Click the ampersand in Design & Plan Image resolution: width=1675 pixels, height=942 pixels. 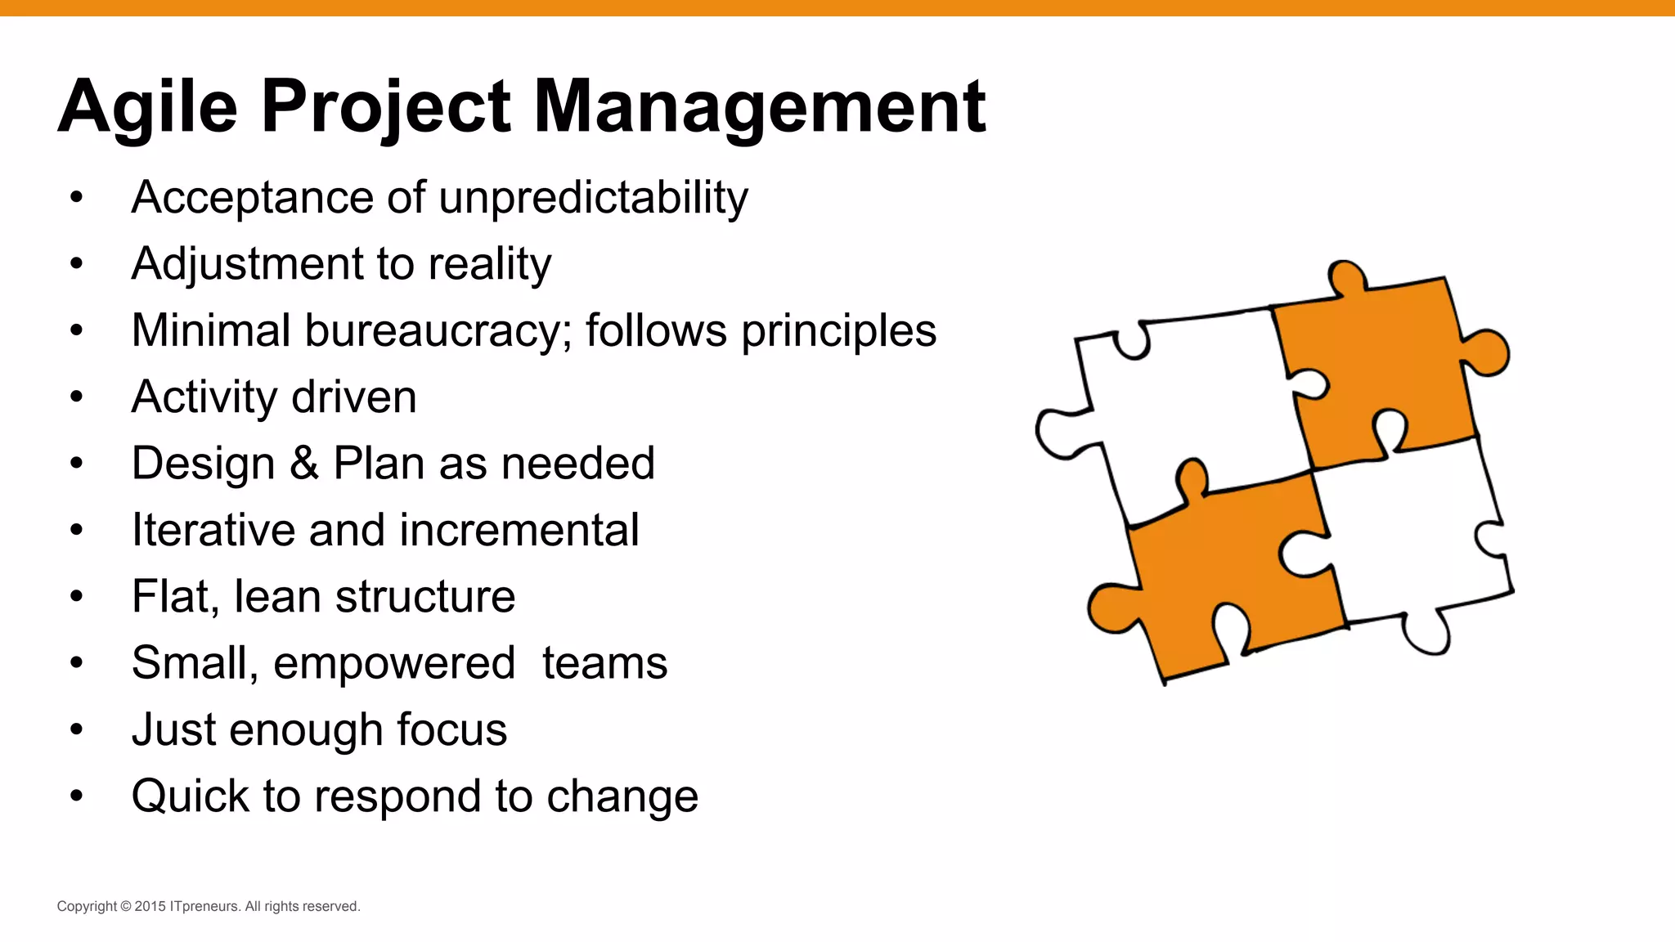click(304, 463)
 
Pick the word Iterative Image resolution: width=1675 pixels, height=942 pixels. click(213, 530)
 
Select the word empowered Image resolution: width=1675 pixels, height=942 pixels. click(393, 663)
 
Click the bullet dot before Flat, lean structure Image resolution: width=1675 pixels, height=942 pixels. click(77, 596)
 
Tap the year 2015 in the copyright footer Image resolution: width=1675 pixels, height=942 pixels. click(150, 906)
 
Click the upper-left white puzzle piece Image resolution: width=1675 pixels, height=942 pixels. click(1186, 401)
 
